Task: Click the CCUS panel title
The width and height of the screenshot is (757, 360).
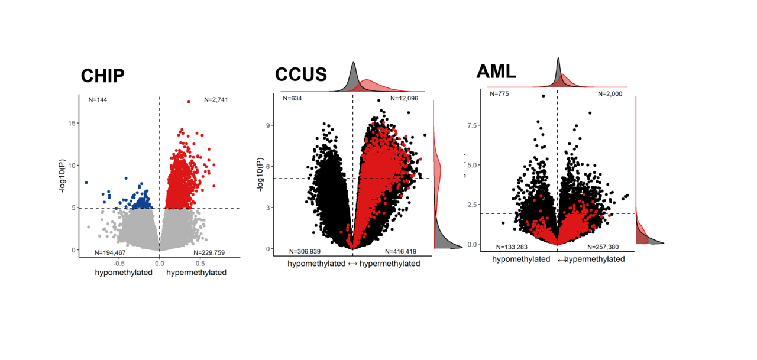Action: pos(300,75)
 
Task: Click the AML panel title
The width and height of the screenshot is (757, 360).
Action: pos(496,72)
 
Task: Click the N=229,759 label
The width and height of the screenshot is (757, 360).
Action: pos(209,253)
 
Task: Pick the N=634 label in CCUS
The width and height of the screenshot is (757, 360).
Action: pos(292,98)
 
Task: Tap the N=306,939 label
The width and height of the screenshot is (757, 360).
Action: pos(305,251)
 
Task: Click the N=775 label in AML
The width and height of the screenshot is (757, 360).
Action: pos(499,93)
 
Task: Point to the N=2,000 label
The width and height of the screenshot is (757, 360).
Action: pos(611,93)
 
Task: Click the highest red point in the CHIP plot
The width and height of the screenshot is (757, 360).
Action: pos(189,102)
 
